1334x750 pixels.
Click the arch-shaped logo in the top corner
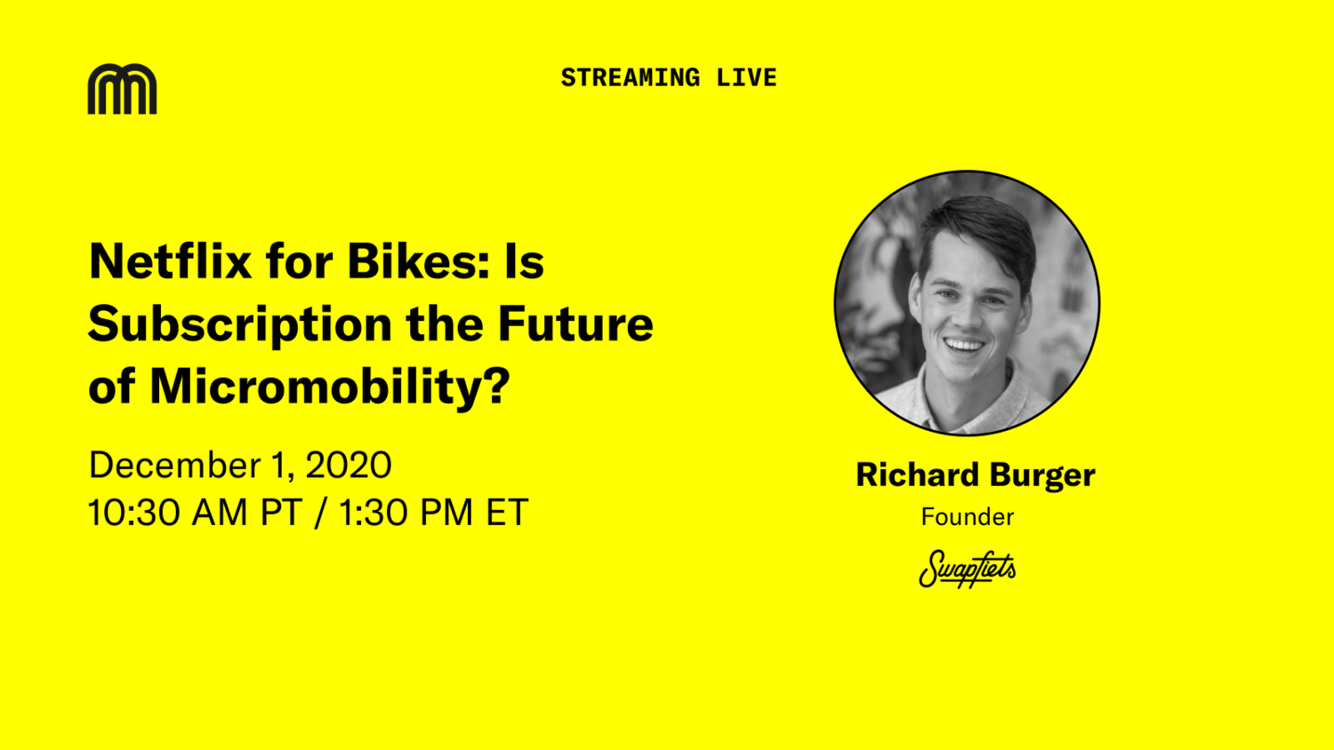[x=122, y=89]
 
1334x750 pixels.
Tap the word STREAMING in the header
[x=631, y=78]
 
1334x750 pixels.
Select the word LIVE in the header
[x=747, y=78]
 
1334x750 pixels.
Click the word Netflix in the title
[x=170, y=261]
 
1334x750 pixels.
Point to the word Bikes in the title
[x=418, y=261]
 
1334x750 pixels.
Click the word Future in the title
[x=575, y=323]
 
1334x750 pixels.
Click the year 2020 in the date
[x=349, y=465]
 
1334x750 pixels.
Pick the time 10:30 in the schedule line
[x=134, y=513]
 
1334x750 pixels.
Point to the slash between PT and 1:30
[x=320, y=513]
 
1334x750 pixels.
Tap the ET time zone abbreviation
[x=507, y=513]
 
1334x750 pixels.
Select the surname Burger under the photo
[x=1042, y=476]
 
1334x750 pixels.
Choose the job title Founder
[x=968, y=516]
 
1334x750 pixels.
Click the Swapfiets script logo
[x=968, y=569]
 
